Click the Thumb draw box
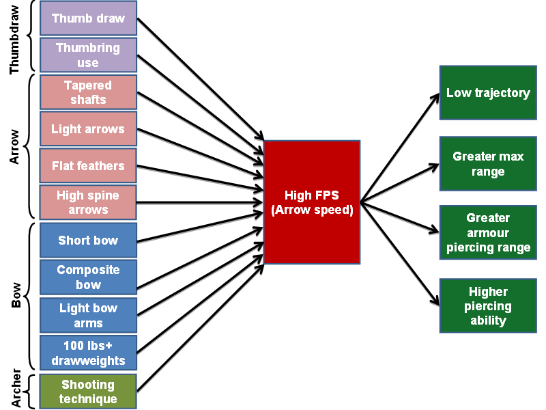point(88,18)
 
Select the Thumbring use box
point(88,55)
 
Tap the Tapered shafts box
point(88,92)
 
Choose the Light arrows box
point(88,129)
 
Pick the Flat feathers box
point(88,166)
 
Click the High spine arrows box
point(88,202)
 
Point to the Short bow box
point(88,240)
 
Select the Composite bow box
point(88,277)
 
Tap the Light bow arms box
point(88,314)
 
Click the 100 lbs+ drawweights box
point(88,353)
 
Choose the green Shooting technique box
point(88,392)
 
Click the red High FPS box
point(312,202)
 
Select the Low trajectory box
point(488,93)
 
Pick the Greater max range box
point(488,163)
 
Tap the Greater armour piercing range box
point(488,232)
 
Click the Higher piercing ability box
point(488,305)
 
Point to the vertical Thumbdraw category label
point(16,38)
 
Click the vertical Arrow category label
point(16,147)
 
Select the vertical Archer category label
point(16,390)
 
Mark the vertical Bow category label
point(16,297)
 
